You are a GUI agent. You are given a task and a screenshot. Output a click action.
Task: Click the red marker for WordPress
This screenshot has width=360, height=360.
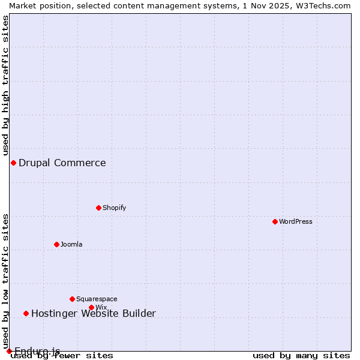point(275,221)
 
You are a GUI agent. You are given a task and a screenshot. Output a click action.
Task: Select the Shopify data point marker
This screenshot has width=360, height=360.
point(98,208)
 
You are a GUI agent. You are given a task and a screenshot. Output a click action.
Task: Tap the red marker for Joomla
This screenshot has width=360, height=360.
point(56,244)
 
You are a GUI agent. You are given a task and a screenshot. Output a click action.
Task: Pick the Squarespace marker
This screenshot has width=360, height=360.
point(72,299)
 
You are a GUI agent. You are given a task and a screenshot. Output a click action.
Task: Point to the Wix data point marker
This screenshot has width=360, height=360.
point(91,307)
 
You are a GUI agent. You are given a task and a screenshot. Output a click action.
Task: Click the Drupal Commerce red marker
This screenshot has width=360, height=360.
point(13,163)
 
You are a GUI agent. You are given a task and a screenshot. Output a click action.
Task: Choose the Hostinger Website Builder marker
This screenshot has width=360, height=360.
point(26,313)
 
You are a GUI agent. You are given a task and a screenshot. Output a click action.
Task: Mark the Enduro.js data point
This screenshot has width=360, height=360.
point(9,351)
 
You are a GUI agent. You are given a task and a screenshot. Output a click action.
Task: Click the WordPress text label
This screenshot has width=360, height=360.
point(296,221)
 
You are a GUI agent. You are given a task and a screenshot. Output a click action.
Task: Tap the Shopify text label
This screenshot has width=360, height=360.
point(114,208)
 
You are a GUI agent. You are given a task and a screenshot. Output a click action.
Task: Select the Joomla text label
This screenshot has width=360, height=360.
point(71,244)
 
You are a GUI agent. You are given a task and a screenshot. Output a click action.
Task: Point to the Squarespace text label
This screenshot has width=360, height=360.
point(97,299)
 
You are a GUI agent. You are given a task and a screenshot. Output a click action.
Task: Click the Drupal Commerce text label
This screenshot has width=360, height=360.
point(62,163)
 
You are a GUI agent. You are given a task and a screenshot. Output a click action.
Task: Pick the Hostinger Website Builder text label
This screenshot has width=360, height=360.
point(94,313)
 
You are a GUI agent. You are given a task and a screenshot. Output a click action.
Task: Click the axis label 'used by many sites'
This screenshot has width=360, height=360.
point(301,355)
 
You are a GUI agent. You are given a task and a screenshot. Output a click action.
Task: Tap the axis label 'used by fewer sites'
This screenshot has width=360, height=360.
point(62,355)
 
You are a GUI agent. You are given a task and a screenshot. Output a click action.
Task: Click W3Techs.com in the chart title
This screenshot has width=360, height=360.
point(320,5)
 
